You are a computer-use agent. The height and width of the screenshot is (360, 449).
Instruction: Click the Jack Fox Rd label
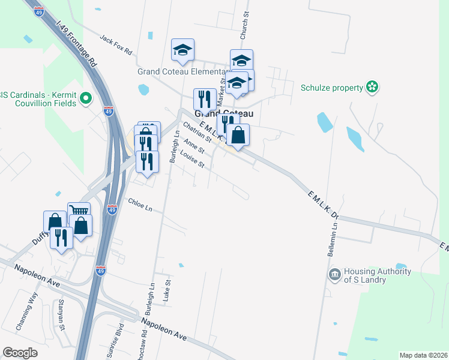tap(116, 46)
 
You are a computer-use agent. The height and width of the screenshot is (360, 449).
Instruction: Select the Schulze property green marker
tap(372, 88)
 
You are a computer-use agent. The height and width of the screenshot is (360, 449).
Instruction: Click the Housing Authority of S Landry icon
tap(334, 275)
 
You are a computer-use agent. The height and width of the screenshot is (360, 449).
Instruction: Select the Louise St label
tap(193, 160)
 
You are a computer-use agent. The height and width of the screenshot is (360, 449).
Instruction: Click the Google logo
tap(20, 353)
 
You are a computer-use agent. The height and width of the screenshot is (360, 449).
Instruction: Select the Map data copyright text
tap(423, 355)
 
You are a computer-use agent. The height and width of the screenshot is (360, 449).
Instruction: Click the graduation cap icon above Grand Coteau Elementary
tap(182, 49)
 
